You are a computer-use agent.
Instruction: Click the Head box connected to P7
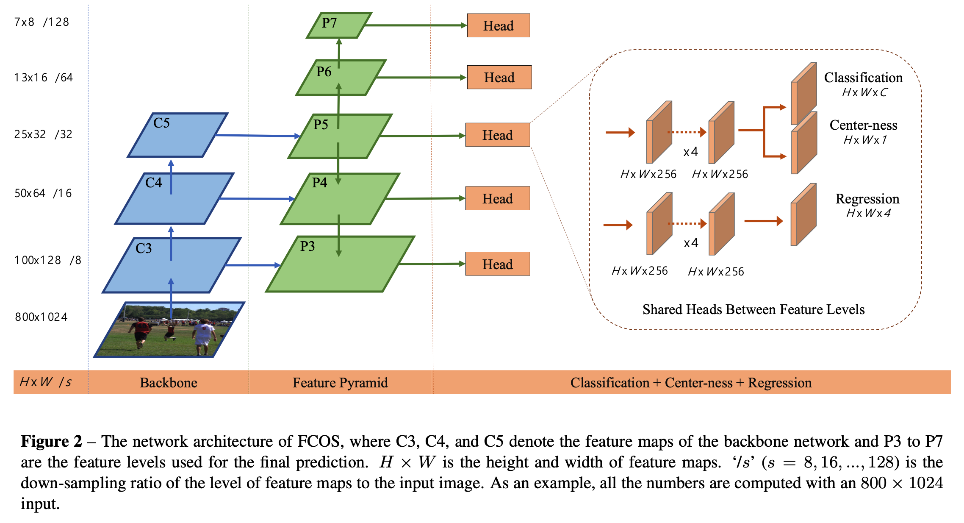point(498,25)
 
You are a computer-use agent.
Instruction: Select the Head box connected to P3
point(497,264)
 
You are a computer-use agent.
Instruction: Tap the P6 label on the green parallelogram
point(324,72)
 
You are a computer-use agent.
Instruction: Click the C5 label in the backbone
point(161,123)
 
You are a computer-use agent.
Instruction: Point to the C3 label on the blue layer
point(144,248)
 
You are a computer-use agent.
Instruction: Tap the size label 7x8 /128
point(42,22)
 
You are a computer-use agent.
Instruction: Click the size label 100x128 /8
point(47,260)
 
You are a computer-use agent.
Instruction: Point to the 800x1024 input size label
point(41,317)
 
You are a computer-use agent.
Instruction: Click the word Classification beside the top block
point(863,78)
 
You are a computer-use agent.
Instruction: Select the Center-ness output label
point(863,125)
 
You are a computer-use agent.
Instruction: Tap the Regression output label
point(867,199)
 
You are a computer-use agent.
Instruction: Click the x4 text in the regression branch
point(691,243)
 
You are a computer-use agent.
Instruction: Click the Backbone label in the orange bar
point(169,383)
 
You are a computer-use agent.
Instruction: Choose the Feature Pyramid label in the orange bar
point(340,383)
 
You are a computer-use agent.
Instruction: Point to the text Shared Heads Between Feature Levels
point(753,309)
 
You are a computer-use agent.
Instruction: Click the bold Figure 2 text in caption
point(51,441)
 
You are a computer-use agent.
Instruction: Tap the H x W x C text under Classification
point(864,92)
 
